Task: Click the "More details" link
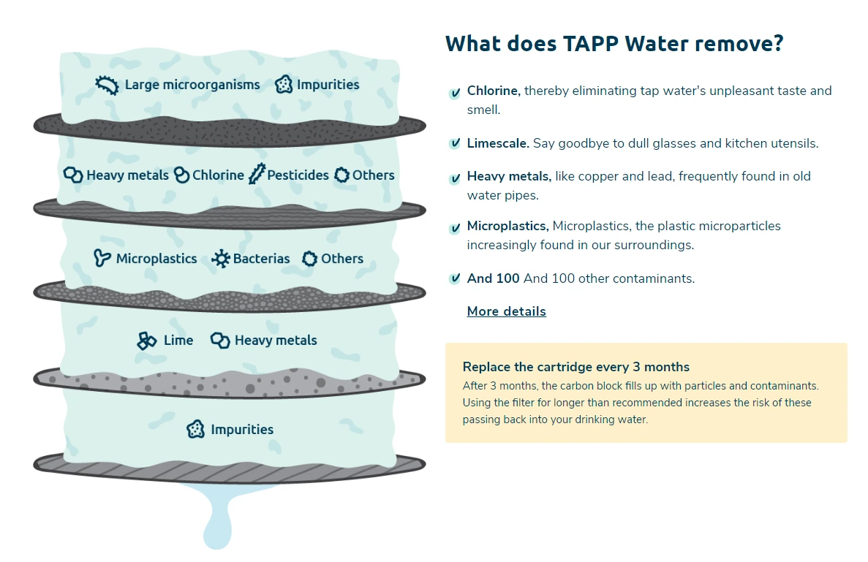click(x=506, y=311)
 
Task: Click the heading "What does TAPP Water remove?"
click(x=614, y=44)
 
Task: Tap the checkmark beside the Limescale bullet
click(x=455, y=143)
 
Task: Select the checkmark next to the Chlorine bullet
click(x=455, y=93)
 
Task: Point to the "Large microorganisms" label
click(x=192, y=85)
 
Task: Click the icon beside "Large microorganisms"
click(x=107, y=86)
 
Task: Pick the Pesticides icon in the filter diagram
click(x=256, y=175)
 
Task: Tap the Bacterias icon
click(x=220, y=259)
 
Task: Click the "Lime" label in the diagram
click(x=178, y=341)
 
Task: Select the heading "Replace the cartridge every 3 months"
click(x=576, y=367)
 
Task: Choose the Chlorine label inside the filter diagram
click(x=218, y=175)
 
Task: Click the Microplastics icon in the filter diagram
click(x=102, y=258)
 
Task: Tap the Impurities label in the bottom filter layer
click(x=242, y=430)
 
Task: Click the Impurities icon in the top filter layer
click(x=284, y=85)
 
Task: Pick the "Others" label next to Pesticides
click(x=373, y=175)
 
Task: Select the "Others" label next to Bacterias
click(x=342, y=259)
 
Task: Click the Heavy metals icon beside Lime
click(x=220, y=341)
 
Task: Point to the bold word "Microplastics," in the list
click(x=507, y=226)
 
